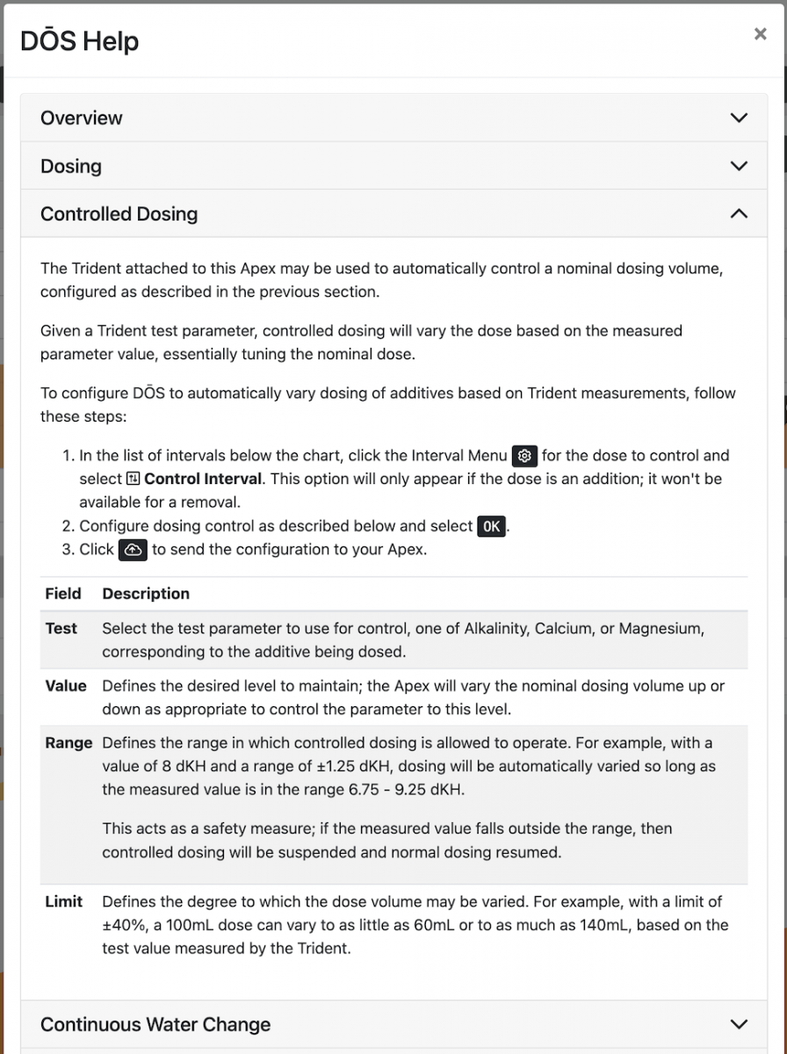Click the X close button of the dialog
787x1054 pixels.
tap(760, 34)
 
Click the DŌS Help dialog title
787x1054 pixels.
tap(80, 41)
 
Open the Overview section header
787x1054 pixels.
tap(82, 118)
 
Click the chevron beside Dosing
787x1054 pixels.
tap(739, 166)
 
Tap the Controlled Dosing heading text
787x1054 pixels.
tap(119, 214)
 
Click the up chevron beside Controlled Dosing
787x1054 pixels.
tap(739, 214)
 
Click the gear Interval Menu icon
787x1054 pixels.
tap(524, 456)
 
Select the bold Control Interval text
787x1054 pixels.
tap(202, 480)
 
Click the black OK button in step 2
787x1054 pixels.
tap(492, 526)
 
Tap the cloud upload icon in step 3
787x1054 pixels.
tap(133, 550)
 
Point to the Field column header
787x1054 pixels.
tap(62, 594)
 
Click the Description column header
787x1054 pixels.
tap(146, 594)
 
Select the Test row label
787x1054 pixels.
tap(61, 629)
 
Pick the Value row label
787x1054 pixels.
tap(66, 686)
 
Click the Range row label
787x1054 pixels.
tap(69, 743)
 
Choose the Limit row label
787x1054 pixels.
tap(64, 901)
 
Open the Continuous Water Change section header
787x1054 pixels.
tap(155, 1024)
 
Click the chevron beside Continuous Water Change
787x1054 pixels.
tap(739, 1024)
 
